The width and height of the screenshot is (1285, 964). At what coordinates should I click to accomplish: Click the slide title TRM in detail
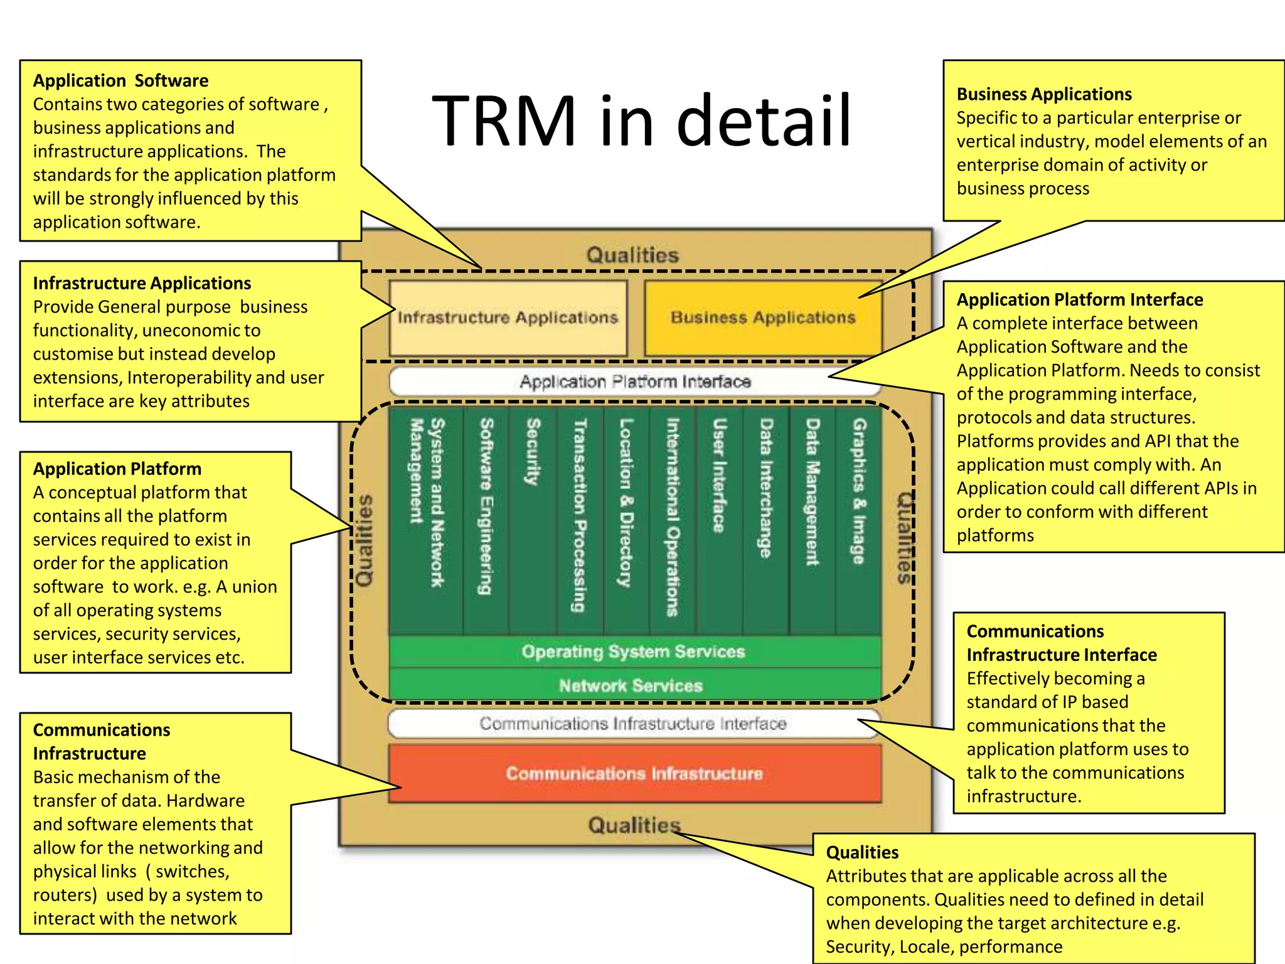pos(641,120)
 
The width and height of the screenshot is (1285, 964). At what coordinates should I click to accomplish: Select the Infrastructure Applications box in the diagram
pos(508,318)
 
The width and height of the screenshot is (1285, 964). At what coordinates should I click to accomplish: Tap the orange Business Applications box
pos(763,318)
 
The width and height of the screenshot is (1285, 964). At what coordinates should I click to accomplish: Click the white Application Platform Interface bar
pos(634,382)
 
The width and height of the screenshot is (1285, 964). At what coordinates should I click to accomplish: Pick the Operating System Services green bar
pos(634,652)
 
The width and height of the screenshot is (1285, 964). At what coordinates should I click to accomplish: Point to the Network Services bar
pos(631,685)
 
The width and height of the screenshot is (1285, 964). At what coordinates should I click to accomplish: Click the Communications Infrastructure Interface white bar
pos(633,724)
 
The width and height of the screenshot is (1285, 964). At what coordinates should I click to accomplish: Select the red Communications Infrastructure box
pos(634,773)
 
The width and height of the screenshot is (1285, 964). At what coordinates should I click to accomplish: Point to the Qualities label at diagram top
pos(632,255)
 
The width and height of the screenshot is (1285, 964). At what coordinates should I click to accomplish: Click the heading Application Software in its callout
pos(120,81)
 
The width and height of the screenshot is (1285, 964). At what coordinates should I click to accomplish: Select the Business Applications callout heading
pos(1044,94)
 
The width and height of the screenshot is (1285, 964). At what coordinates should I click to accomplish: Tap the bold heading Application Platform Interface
pos(1079,300)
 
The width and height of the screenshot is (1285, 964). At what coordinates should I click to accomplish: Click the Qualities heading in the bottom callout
pos(862,852)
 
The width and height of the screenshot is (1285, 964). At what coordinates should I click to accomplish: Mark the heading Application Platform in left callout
pos(117,469)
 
